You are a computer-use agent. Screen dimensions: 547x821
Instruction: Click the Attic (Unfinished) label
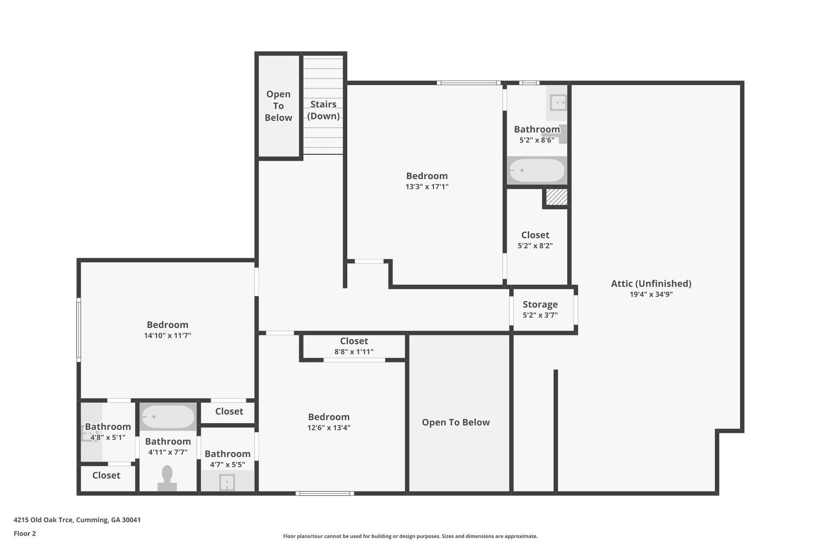pos(651,284)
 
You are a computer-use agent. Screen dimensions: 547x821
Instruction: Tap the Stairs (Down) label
pos(323,110)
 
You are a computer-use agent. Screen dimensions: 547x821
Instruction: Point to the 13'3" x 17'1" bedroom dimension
pos(427,187)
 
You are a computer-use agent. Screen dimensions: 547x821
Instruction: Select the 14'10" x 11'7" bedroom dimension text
pos(168,336)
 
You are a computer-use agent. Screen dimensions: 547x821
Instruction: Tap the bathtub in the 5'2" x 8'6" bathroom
pos(537,170)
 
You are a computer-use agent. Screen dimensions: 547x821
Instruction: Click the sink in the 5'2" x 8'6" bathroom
pos(558,103)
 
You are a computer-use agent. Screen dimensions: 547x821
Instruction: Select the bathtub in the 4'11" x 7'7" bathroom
pos(168,417)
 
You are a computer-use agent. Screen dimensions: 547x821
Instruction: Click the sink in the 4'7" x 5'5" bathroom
pos(227,482)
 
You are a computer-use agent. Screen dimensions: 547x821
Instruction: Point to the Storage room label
pos(540,305)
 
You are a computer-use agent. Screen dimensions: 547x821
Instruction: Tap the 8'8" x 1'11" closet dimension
pos(354,352)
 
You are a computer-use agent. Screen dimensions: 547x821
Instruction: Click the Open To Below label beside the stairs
pos(278,106)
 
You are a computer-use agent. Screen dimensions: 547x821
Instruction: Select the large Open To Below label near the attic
pos(456,422)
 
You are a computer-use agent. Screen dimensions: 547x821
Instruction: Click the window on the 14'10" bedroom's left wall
pos(79,330)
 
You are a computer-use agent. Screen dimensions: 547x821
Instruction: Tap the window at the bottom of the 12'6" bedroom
pos(325,493)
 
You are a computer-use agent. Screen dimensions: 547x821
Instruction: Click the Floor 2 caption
pos(25,533)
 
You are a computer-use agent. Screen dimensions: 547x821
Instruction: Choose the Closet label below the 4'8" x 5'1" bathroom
pos(106,475)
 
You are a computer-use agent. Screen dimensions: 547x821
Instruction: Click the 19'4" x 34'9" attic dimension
pos(651,295)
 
